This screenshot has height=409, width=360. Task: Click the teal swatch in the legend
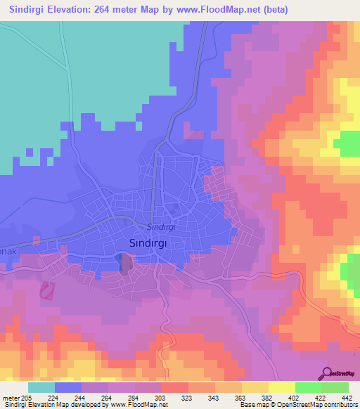(41, 388)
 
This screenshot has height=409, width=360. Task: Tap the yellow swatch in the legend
(281, 388)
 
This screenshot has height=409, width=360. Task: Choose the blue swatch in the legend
(68, 388)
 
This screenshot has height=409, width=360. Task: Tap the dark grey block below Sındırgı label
(126, 264)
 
